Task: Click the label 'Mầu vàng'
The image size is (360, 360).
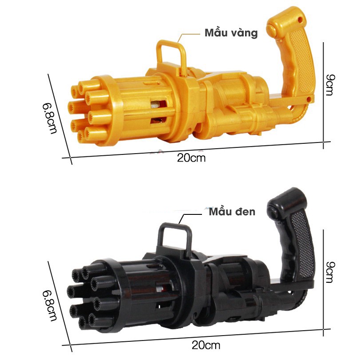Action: [x=231, y=33]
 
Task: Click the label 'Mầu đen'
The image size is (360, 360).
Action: [x=232, y=211]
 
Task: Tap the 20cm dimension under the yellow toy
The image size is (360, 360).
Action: [x=191, y=158]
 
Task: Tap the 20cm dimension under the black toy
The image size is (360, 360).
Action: [x=206, y=345]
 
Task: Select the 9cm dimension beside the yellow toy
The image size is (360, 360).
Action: [x=331, y=85]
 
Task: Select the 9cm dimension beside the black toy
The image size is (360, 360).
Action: [x=331, y=272]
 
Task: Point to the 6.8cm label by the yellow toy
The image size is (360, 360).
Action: [x=49, y=118]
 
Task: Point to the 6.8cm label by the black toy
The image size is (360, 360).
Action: [x=49, y=305]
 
